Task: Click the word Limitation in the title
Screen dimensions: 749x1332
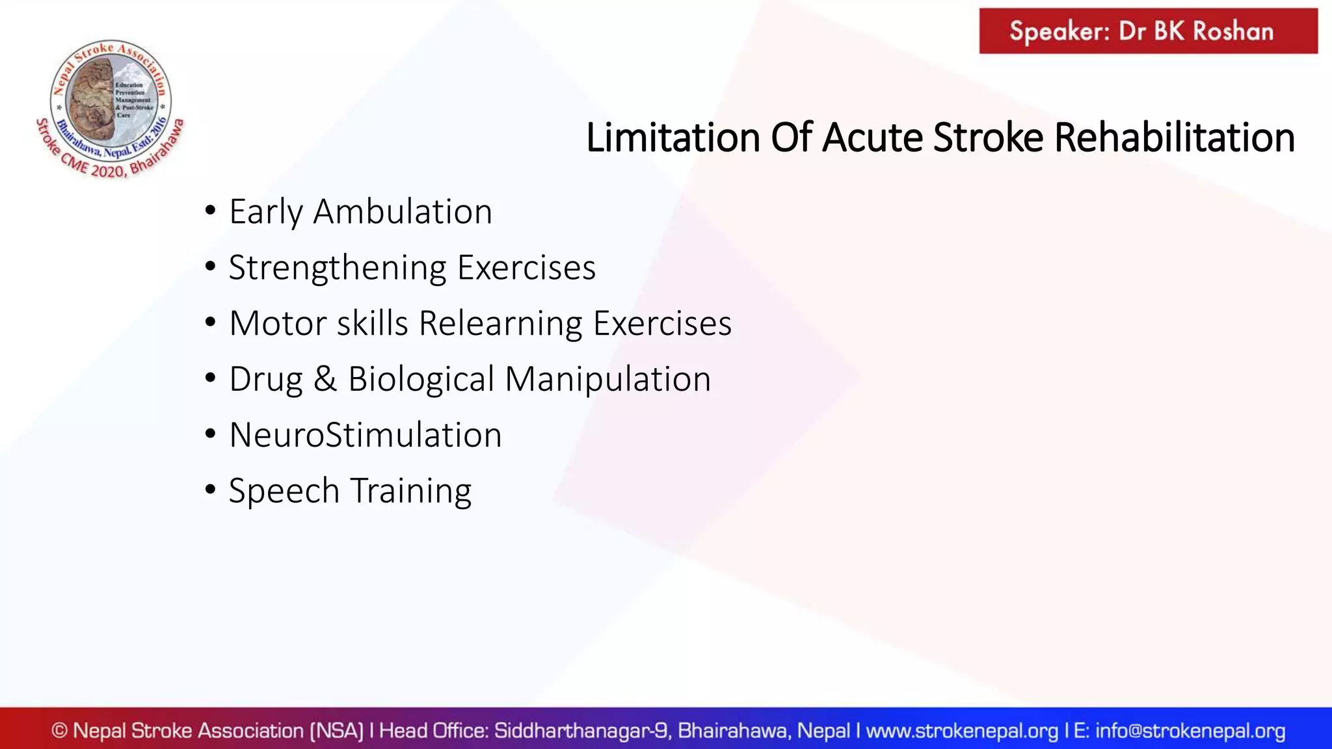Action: (x=673, y=138)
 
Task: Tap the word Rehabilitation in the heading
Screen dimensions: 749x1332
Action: (x=1174, y=138)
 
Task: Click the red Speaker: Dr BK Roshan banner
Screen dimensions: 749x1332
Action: (x=1148, y=31)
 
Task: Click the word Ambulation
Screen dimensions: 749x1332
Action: (x=403, y=212)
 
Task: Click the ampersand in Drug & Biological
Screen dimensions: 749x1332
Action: (x=325, y=379)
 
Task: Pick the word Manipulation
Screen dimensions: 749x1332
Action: (x=607, y=379)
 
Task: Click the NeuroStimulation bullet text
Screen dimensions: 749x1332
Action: (x=366, y=435)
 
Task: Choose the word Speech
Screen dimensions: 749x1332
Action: (x=284, y=491)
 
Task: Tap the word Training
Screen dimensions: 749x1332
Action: (x=411, y=491)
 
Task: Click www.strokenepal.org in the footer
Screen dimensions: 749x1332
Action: (x=962, y=731)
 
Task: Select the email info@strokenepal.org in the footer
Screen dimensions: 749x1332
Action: (x=1190, y=731)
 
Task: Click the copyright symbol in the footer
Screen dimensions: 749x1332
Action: (x=59, y=731)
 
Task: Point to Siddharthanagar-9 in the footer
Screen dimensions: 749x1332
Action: (x=582, y=731)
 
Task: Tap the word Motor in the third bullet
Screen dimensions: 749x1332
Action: (x=278, y=323)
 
